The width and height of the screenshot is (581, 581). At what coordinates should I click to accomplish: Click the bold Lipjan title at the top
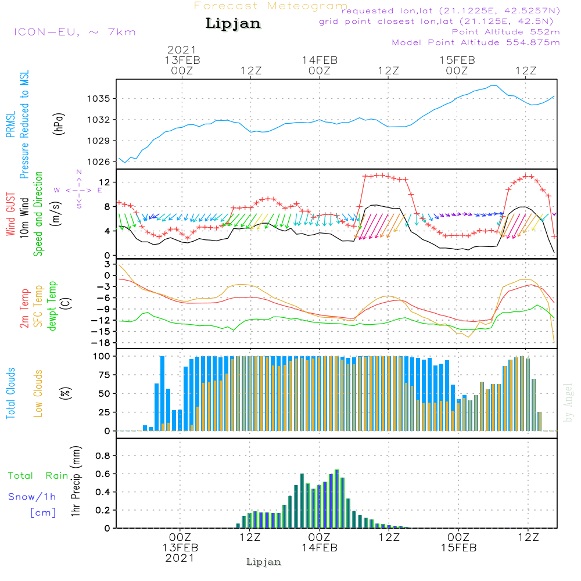coord(233,23)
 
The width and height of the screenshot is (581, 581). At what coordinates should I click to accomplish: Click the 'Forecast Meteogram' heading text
coord(271,6)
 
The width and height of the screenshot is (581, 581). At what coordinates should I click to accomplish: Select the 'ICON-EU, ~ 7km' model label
coord(75,32)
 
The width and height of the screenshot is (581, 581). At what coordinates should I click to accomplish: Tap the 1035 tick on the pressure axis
coord(98,99)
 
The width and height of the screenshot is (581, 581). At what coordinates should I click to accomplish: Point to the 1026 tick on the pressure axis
coord(98,162)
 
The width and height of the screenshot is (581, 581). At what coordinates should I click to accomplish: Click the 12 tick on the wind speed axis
coord(105,182)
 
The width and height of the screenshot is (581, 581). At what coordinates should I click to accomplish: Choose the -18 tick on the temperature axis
coord(101,343)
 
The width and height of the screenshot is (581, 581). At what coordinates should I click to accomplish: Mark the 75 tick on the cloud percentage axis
coord(104,375)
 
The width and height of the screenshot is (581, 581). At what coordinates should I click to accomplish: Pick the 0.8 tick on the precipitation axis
coord(103,456)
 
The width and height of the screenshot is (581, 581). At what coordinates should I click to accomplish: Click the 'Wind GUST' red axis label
coord(10,214)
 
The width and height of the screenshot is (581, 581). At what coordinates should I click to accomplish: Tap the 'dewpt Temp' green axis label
coord(52,306)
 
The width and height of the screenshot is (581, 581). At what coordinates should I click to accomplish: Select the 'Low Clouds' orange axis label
coord(38,393)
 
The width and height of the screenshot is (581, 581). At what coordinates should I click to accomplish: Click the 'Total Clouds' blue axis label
coord(10,393)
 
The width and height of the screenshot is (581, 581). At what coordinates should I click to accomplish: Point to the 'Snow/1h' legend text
coord(32,497)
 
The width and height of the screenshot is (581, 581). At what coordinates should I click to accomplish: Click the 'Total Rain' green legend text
coord(38,476)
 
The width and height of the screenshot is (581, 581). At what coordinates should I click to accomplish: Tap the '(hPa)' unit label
coord(59,124)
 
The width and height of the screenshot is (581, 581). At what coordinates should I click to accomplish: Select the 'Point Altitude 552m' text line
coord(506,32)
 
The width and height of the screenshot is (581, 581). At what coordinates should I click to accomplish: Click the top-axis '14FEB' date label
coord(320,60)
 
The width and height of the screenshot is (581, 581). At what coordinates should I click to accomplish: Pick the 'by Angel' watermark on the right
coord(568,403)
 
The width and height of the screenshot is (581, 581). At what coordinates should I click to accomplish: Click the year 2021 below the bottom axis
coord(180,558)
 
